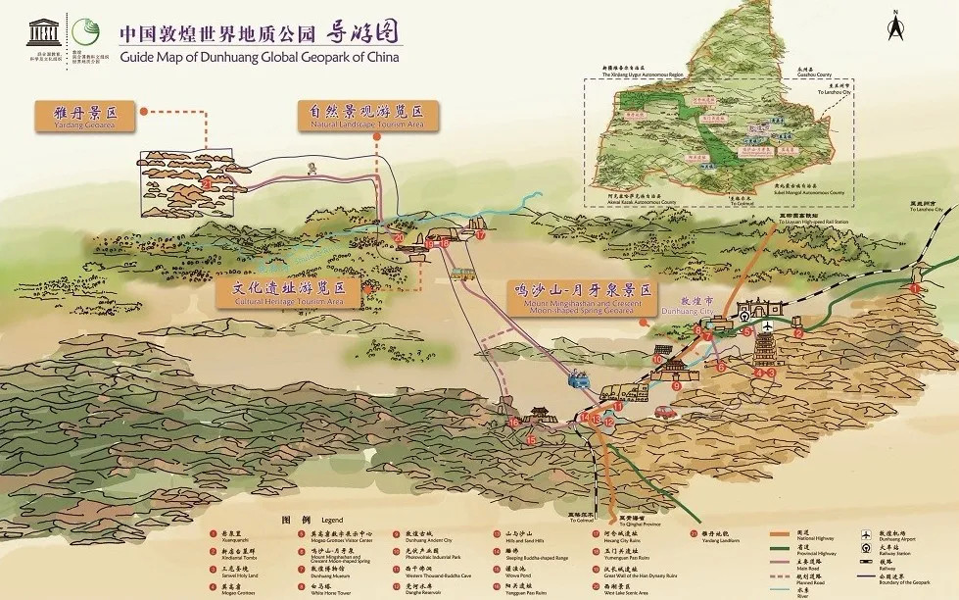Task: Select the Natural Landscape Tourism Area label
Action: (367, 117)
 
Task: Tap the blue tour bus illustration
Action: (579, 376)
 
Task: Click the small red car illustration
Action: (664, 413)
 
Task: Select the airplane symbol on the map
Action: (768, 325)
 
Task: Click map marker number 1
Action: (915, 289)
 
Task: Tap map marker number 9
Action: (676, 385)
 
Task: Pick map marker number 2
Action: (798, 333)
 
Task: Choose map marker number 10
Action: (657, 360)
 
